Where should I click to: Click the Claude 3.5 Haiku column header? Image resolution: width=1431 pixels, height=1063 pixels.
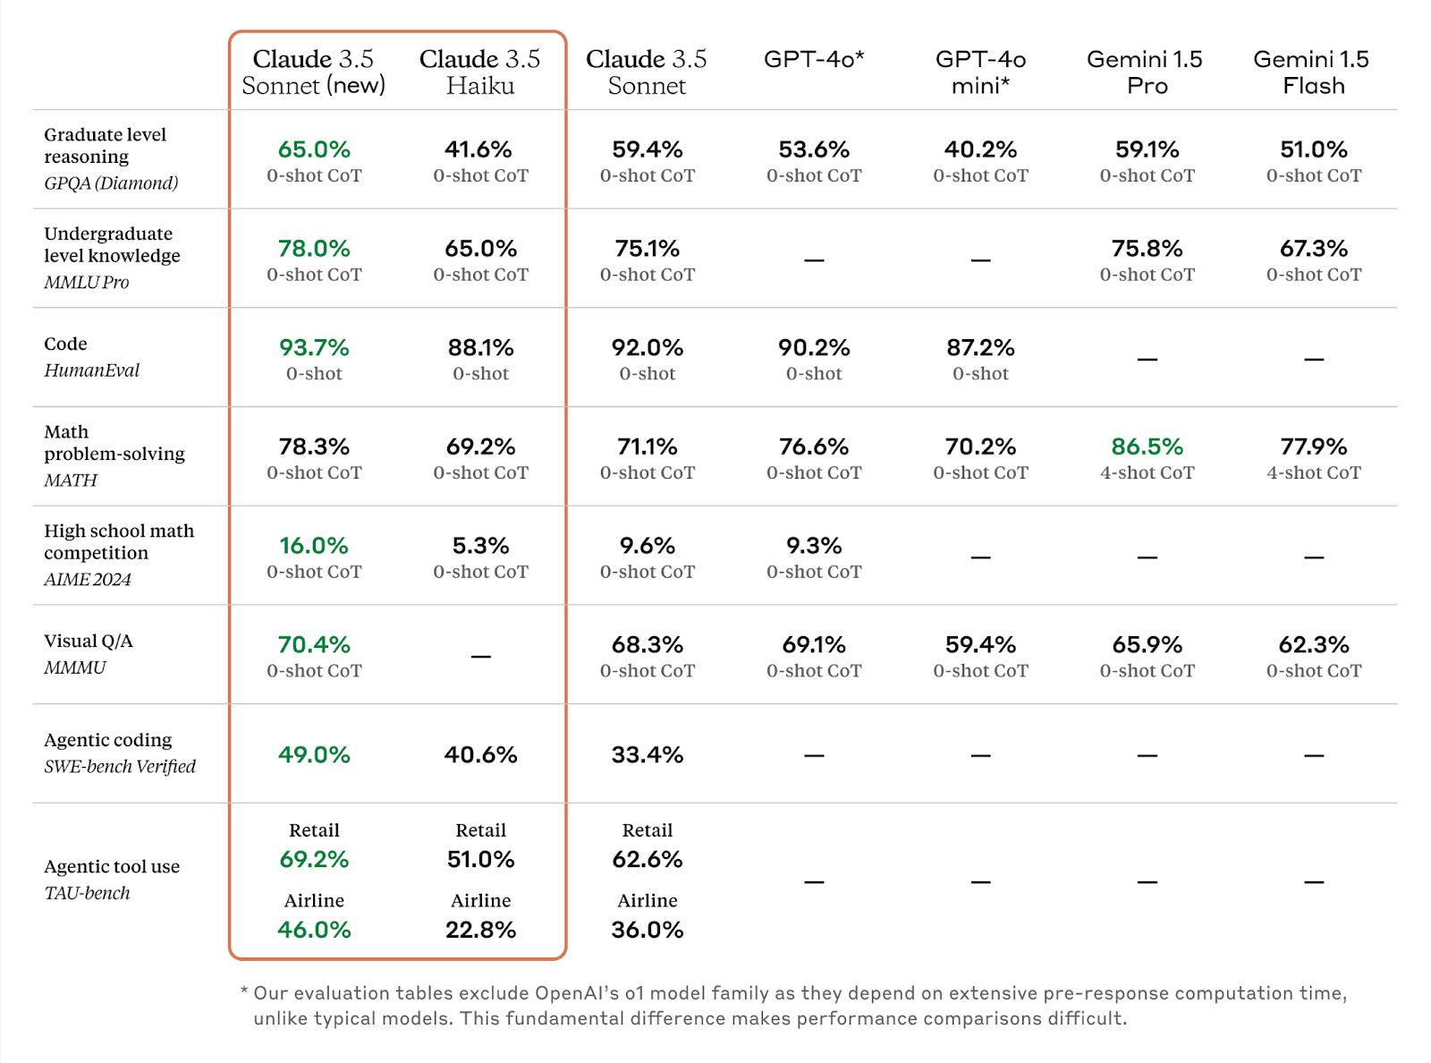click(480, 72)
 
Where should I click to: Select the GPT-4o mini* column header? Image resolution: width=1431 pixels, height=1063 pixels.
click(980, 72)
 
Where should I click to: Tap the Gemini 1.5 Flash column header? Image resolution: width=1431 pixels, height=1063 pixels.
click(1313, 72)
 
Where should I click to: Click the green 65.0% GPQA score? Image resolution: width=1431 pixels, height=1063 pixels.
click(314, 149)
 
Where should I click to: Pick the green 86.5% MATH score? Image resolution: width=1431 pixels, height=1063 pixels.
click(1147, 446)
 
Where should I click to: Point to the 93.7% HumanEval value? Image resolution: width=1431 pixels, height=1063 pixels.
click(314, 347)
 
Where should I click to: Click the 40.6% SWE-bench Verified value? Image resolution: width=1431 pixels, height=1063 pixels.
click(480, 754)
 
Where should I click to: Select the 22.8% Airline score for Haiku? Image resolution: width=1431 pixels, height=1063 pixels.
click(480, 930)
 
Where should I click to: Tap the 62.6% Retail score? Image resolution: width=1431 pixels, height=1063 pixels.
click(647, 860)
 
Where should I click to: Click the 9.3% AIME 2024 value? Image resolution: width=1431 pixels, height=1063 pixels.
click(814, 546)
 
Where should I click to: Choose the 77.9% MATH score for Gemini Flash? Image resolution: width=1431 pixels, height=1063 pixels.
click(1313, 446)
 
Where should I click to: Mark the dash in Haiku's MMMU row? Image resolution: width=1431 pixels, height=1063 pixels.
click(480, 657)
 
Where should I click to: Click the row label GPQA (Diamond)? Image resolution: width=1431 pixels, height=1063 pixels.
click(111, 183)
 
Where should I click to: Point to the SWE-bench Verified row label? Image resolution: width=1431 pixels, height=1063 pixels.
click(120, 767)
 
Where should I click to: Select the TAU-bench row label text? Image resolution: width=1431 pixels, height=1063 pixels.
click(87, 893)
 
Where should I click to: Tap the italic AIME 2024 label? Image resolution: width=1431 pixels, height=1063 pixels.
click(88, 580)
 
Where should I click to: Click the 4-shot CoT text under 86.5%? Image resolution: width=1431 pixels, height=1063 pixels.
click(1147, 473)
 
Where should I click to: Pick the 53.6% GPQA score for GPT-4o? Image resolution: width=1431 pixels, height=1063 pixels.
click(814, 149)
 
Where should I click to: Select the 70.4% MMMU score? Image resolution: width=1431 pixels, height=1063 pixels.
click(314, 645)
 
